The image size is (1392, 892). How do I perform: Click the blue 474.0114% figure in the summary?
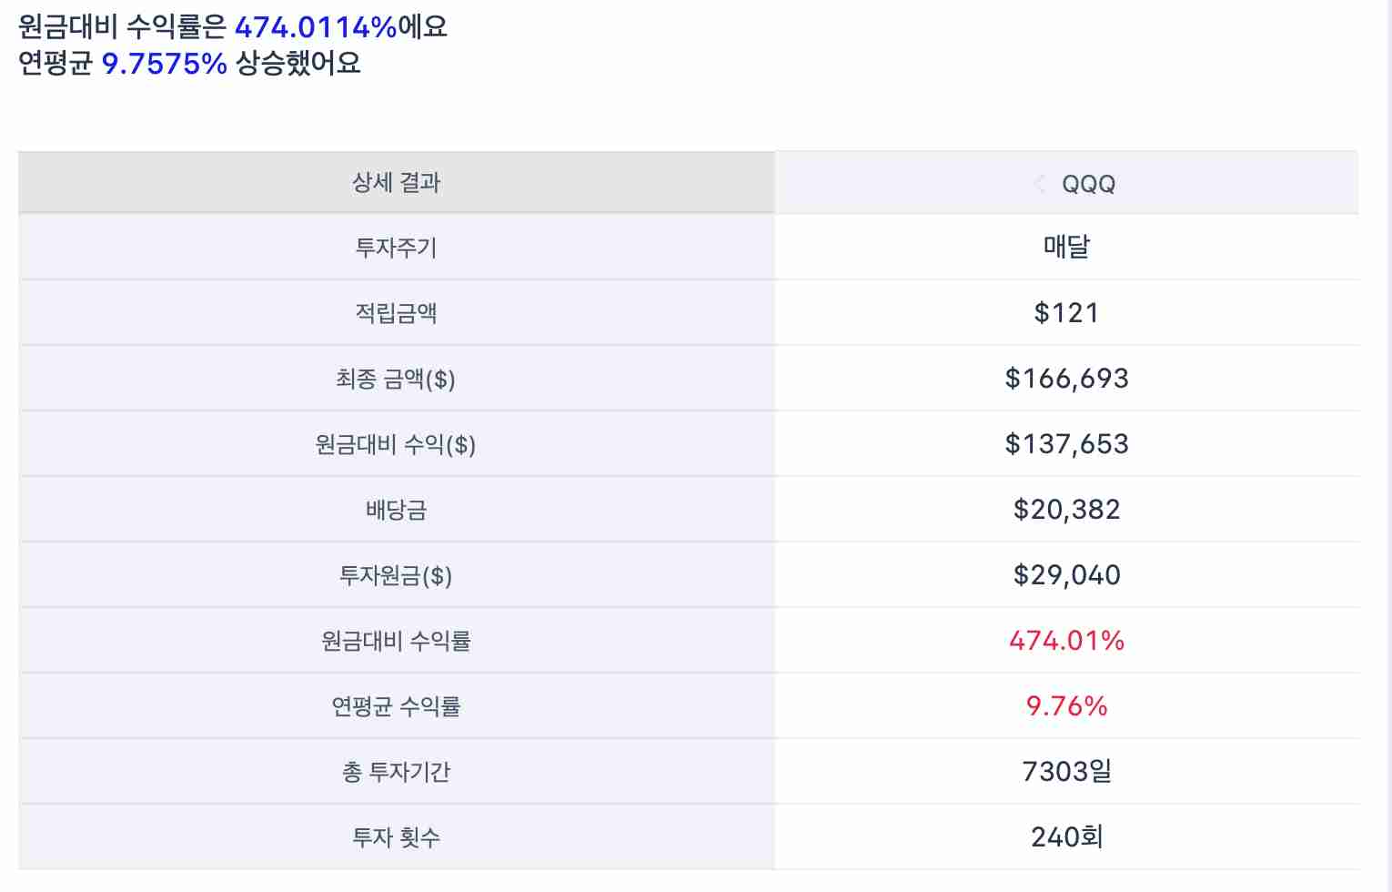(x=316, y=27)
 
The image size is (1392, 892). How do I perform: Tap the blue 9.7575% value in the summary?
(x=164, y=64)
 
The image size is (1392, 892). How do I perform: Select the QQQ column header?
(x=1088, y=184)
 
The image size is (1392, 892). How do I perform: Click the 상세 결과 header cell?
(x=397, y=183)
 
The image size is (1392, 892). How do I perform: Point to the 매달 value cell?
(x=1066, y=247)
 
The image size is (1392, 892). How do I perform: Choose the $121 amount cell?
(x=1066, y=313)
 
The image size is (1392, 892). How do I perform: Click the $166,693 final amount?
(x=1066, y=379)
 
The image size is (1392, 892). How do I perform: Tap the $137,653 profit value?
(x=1066, y=444)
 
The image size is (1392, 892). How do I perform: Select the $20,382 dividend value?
(x=1066, y=510)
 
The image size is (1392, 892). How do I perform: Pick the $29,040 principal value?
(x=1066, y=575)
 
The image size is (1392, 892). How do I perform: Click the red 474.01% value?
(x=1066, y=641)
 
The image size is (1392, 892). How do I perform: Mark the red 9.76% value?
(x=1066, y=706)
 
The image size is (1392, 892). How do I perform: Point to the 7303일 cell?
(x=1066, y=772)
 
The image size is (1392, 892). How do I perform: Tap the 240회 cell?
(x=1066, y=837)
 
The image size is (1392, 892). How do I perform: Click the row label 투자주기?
(x=397, y=248)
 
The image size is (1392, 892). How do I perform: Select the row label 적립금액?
(x=397, y=313)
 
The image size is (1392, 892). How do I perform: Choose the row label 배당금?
(x=397, y=510)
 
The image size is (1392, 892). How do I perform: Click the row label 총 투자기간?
(x=397, y=772)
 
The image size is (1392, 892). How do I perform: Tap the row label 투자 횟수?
(x=397, y=837)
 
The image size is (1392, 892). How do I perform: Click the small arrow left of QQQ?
(x=1039, y=184)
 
